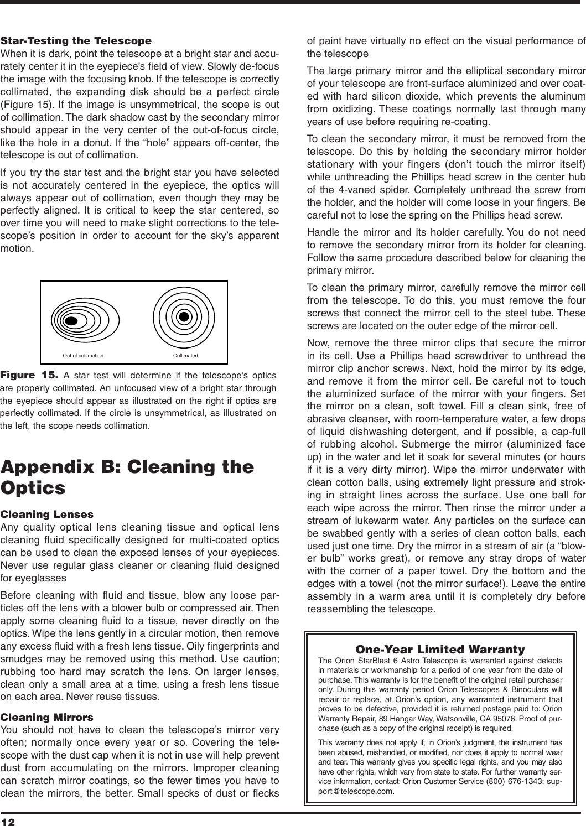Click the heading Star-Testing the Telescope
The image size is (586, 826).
[76, 41]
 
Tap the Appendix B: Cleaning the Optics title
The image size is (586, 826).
[127, 476]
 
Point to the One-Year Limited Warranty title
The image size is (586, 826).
[440, 648]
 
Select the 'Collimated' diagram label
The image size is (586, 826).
[186, 355]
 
